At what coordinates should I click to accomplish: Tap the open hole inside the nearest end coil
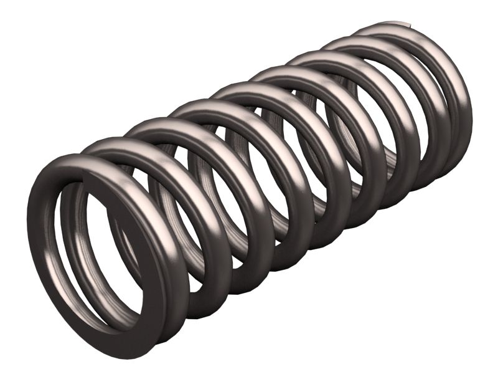pos(100,249)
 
